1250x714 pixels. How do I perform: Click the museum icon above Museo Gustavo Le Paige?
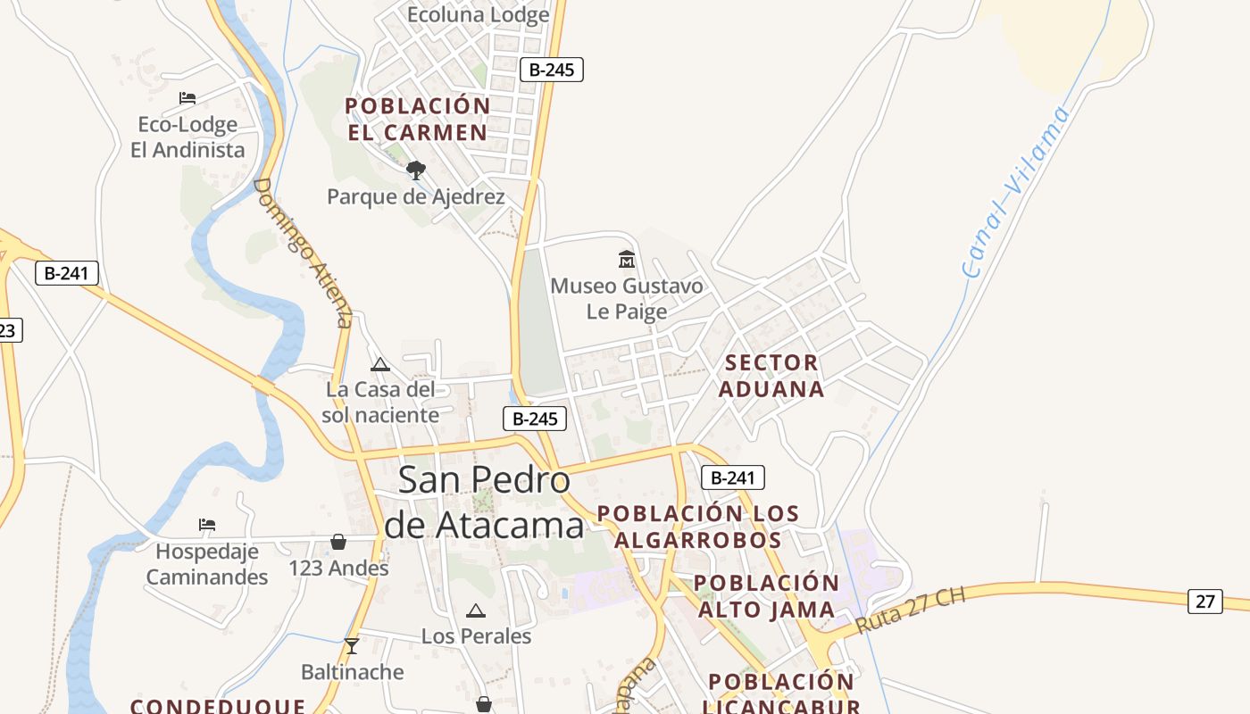coord(627,260)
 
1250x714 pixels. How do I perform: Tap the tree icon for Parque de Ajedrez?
coord(415,170)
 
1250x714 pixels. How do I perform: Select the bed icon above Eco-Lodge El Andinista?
coord(187,98)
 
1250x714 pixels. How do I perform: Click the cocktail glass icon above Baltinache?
coord(352,645)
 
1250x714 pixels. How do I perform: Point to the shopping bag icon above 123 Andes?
coord(338,542)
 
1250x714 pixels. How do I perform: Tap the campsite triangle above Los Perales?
coord(475,610)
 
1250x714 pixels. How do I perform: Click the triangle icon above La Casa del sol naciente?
coord(380,364)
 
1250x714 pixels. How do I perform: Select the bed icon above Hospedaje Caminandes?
coord(207,525)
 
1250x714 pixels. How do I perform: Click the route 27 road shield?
coord(1204,602)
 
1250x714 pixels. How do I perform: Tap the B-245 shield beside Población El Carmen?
coord(552,70)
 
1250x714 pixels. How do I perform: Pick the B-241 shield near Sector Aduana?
coord(733,477)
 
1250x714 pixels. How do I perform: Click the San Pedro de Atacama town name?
coord(484,502)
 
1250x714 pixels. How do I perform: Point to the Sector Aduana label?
coord(771,376)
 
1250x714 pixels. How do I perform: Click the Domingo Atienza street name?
coord(304,253)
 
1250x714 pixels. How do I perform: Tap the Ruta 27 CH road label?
coord(911,610)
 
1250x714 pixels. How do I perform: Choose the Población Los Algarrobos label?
coord(698,527)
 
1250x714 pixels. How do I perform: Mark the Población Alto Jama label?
coord(766,596)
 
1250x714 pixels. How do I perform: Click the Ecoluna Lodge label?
coord(478,15)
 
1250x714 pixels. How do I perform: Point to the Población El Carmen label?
coord(418,119)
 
